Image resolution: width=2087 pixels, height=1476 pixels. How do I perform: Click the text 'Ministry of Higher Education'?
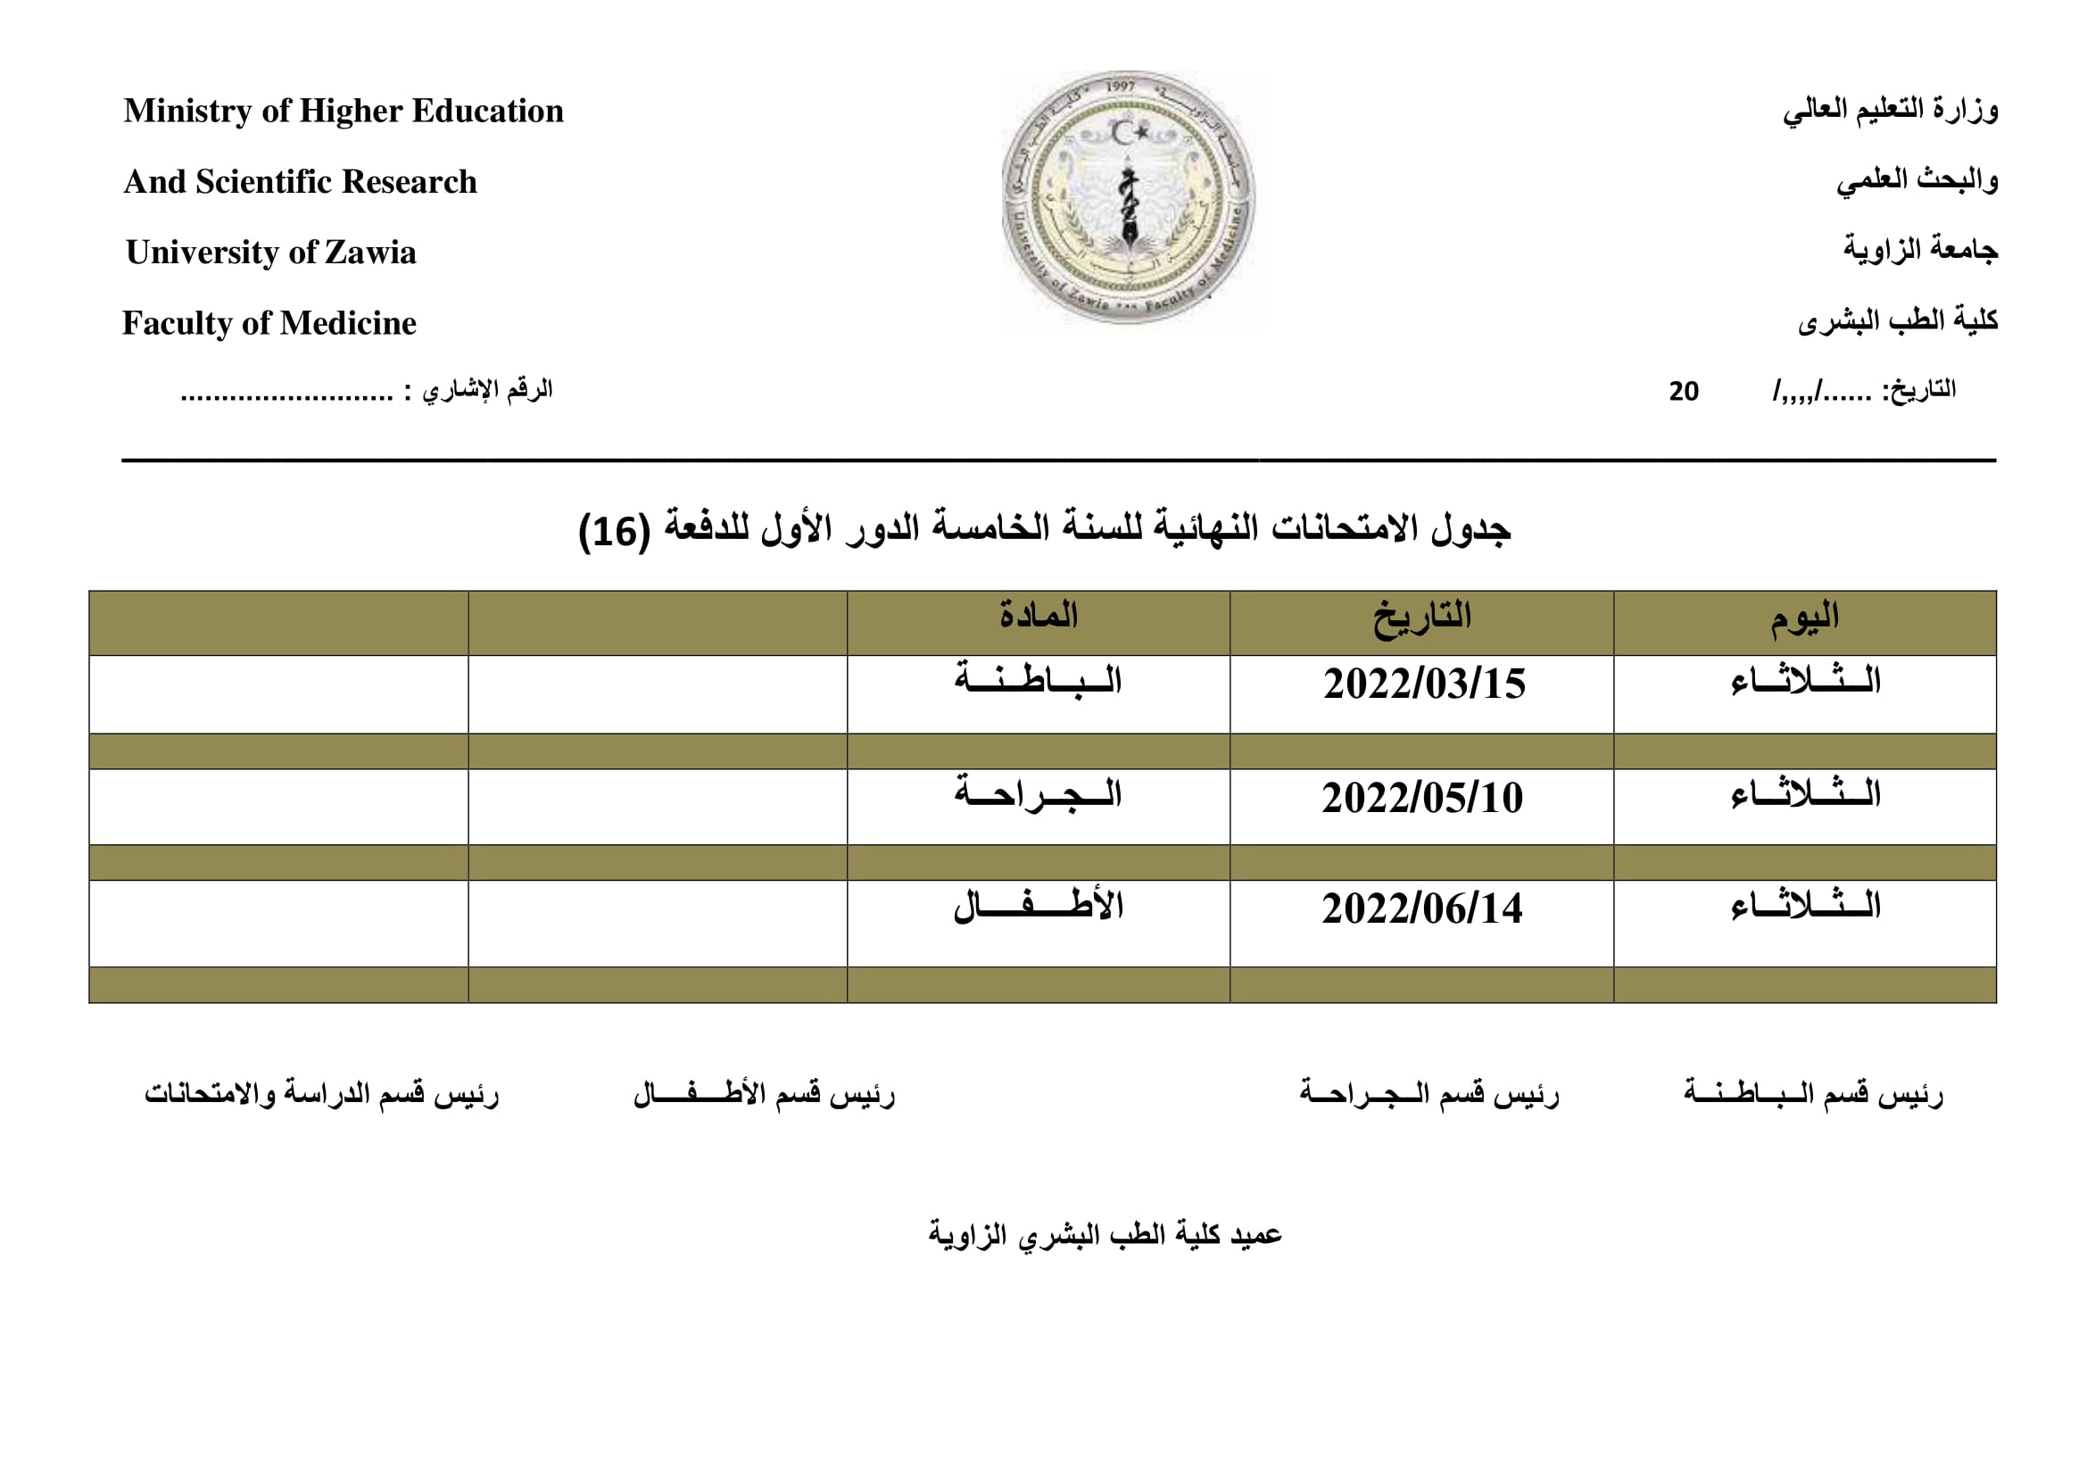pos(344,111)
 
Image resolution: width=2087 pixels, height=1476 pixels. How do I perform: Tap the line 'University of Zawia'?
pos(271,252)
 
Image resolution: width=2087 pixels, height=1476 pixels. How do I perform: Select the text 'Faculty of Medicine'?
pos(269,323)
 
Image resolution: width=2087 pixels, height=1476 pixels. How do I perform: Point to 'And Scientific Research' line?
pos(300,182)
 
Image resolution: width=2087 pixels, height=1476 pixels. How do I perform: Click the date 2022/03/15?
pos(1423,684)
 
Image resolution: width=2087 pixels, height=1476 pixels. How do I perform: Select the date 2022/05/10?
pos(1421,798)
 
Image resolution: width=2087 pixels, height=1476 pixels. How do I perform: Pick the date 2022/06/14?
pos(1421,908)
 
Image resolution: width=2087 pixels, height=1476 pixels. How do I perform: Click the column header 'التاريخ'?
pos(1421,618)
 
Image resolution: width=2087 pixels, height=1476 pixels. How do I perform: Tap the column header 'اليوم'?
pos(1804,618)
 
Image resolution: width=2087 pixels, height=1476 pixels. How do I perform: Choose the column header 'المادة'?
pos(1038,616)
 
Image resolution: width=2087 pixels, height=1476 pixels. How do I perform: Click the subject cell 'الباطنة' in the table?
pos(1038,681)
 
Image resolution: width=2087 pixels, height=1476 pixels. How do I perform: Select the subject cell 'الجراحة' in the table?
pos(1038,794)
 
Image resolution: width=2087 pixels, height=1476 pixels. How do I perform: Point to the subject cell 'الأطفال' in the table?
pos(1038,906)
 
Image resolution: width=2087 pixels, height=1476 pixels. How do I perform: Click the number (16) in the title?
pos(615,531)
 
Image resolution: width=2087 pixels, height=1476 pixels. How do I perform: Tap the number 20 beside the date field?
pos(1684,392)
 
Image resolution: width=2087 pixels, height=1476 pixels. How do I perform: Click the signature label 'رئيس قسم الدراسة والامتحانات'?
pos(322,1093)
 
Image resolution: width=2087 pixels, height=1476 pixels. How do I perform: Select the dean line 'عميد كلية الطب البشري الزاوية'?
pos(1105,1234)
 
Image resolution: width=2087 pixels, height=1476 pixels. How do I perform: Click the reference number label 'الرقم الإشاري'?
pos(487,390)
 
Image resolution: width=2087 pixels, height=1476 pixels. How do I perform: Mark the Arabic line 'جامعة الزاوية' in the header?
pos(1920,250)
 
